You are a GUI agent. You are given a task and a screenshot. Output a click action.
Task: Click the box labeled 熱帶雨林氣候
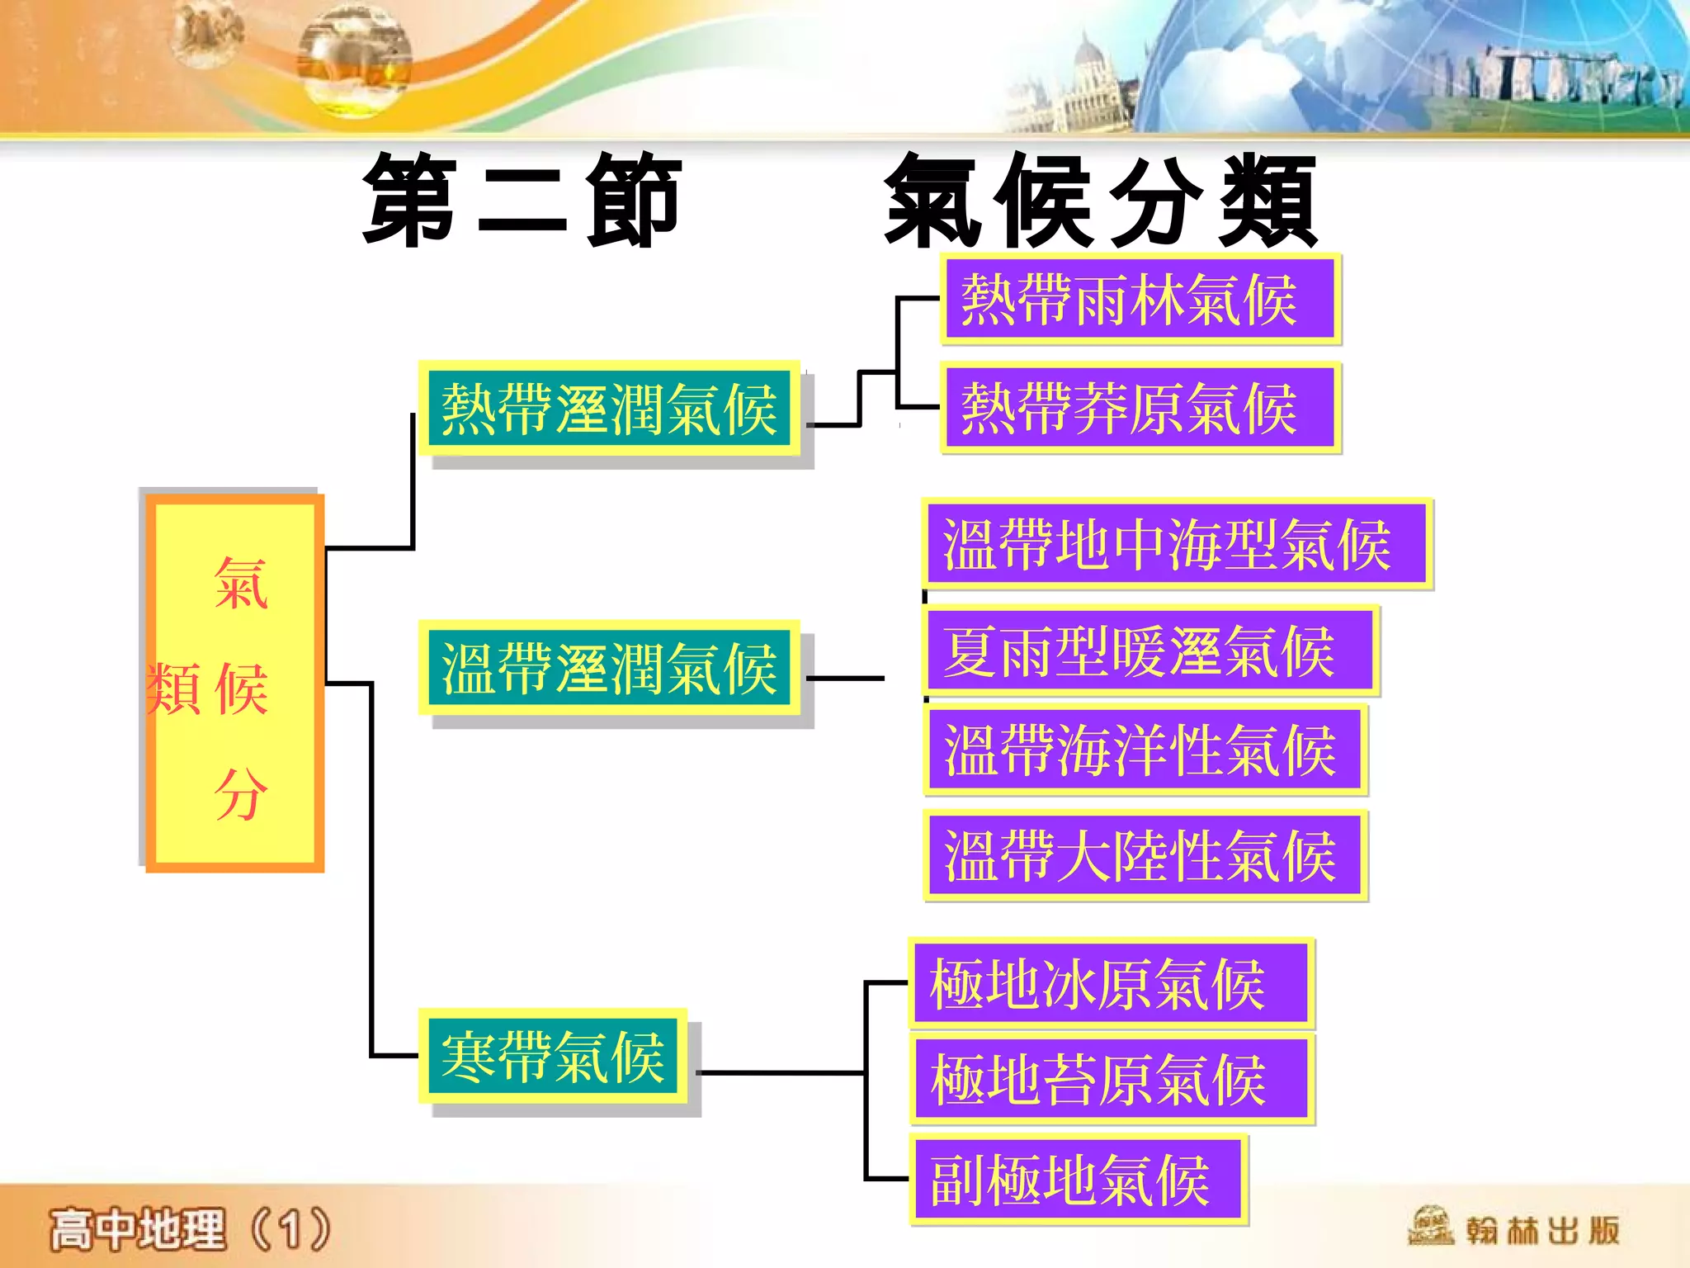pos(1140,300)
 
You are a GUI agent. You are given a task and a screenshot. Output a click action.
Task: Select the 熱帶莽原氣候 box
pos(1140,409)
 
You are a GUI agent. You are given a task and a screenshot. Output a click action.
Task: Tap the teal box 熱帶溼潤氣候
pos(610,409)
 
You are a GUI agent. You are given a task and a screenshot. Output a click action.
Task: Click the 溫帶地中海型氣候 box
pos(1176,544)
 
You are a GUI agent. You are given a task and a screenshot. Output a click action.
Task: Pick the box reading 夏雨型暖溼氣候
pos(1149,651)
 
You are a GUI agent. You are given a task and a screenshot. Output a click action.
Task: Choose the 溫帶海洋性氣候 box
pos(1145,750)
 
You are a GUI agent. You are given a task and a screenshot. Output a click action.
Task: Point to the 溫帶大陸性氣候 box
pos(1145,855)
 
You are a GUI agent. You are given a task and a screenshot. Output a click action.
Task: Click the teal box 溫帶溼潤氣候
pos(610,668)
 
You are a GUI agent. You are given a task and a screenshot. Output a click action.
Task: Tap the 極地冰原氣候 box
pos(1110,983)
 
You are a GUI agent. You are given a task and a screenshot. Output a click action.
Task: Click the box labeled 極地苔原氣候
pos(1112,1080)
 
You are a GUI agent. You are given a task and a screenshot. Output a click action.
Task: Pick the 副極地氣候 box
pos(1078,1180)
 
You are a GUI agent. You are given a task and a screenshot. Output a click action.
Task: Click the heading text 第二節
pos(522,201)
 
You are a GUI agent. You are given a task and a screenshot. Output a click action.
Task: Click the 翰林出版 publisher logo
pos(1514,1229)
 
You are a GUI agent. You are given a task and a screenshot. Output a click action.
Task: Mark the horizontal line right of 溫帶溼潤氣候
pos(845,679)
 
